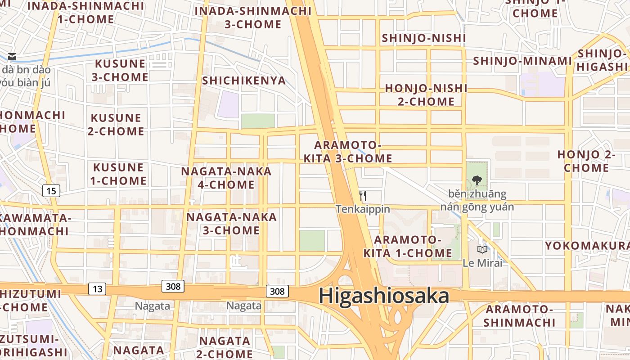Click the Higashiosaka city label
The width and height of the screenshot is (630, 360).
[384, 296]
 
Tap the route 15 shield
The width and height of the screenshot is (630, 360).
[52, 191]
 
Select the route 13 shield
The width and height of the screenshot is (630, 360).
[98, 288]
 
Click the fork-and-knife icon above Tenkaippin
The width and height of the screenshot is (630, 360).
[363, 196]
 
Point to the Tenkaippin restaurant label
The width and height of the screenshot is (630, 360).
[363, 209]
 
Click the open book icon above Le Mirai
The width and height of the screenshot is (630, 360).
[482, 249]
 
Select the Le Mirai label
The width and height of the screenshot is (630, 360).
[482, 263]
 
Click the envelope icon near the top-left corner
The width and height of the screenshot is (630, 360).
[12, 57]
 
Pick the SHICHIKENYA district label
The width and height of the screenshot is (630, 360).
[244, 81]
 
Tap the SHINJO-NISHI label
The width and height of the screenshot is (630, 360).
[423, 38]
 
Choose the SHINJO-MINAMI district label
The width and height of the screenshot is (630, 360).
[522, 61]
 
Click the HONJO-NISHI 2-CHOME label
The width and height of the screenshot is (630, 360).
[426, 94]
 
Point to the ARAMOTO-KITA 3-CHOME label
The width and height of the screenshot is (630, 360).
[348, 152]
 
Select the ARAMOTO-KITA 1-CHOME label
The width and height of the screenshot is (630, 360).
[408, 246]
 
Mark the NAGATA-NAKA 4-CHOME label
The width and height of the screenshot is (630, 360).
[226, 178]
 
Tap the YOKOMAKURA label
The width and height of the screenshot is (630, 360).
[587, 246]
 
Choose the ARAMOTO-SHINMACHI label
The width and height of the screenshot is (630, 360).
[519, 316]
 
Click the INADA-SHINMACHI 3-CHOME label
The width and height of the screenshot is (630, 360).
[253, 17]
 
